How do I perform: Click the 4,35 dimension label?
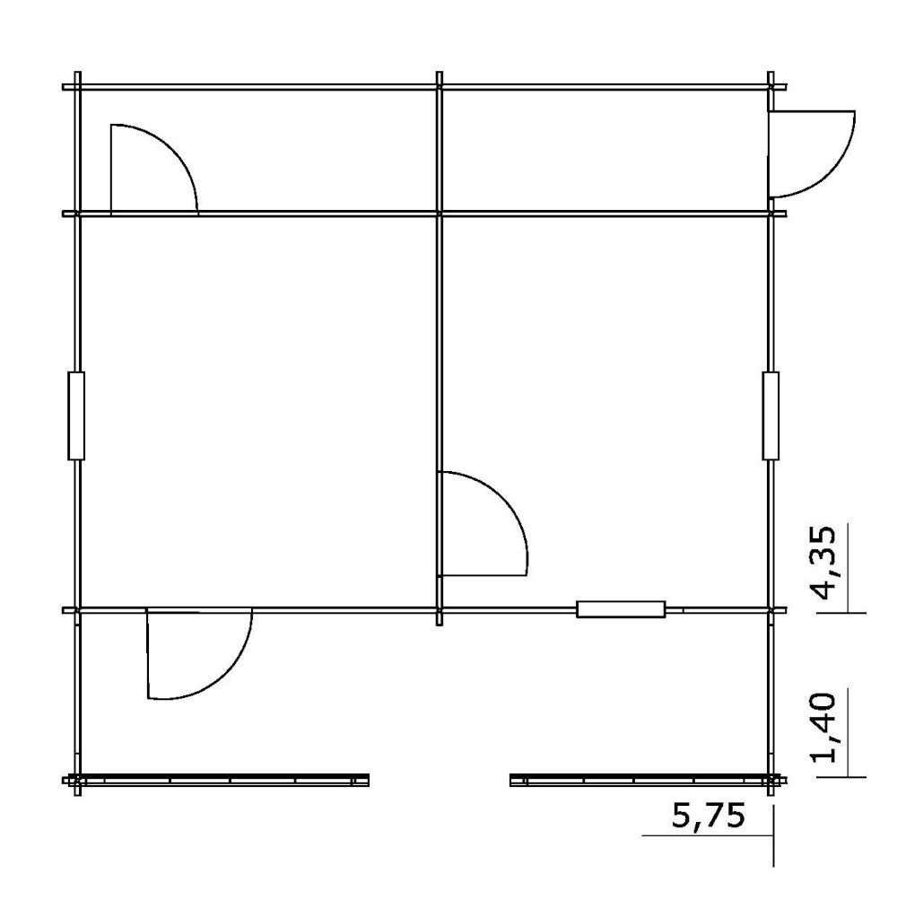coord(824,562)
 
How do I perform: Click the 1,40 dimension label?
coord(824,727)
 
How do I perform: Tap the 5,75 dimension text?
coord(709,816)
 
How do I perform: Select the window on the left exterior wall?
coord(76,415)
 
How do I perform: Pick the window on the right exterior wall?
coord(771,415)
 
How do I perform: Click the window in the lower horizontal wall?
coord(621,609)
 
